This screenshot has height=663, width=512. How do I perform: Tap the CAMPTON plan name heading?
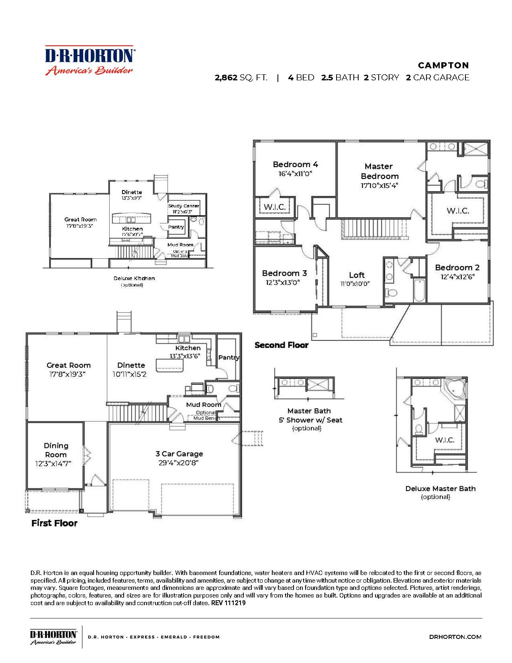443,65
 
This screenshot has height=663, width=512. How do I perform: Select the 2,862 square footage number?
226,78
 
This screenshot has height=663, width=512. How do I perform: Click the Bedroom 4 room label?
295,164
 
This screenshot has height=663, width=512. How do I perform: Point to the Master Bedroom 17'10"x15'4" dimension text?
379,186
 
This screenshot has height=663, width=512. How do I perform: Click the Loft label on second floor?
357,275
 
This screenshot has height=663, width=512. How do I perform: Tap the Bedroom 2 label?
457,268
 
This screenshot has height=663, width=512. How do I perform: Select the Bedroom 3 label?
284,273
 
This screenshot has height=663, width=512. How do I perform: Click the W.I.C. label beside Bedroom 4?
275,207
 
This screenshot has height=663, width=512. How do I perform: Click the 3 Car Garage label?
179,454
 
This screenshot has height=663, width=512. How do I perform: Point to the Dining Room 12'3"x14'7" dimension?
53,464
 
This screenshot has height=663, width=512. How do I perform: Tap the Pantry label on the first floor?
228,357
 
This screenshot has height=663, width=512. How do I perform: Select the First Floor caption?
54,523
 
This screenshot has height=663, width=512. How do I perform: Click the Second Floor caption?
281,345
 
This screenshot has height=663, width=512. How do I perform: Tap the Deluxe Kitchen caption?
134,278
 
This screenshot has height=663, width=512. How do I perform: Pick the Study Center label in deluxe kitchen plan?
184,206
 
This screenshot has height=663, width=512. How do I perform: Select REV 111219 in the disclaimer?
228,603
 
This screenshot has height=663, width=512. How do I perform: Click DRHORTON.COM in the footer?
455,636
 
